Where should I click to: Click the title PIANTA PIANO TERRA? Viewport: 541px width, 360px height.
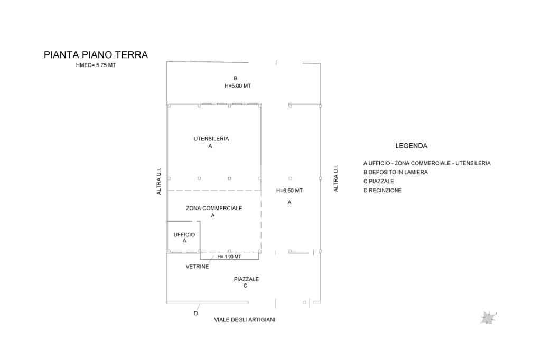[x=96, y=55]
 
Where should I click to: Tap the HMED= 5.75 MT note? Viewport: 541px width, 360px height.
[x=96, y=65]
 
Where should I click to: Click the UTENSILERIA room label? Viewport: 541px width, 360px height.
[x=211, y=139]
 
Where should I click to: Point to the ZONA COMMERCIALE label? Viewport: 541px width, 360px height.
[x=214, y=208]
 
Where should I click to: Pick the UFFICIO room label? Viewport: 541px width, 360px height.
[x=184, y=234]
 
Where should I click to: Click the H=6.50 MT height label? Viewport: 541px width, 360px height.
[x=290, y=191]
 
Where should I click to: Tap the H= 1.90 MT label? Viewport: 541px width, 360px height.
[x=229, y=257]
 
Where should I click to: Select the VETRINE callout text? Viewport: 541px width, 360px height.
[x=197, y=267]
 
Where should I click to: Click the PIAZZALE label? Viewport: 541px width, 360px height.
[x=246, y=279]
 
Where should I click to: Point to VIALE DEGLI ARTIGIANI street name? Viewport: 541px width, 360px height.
[x=245, y=320]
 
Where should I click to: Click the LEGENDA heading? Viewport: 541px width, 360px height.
[x=412, y=146]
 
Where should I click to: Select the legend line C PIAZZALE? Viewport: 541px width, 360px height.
[x=379, y=181]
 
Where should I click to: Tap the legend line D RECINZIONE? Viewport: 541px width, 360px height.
[x=383, y=190]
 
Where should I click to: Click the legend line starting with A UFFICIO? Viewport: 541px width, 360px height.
[x=427, y=163]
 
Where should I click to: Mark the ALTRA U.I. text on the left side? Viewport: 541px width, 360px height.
[x=159, y=182]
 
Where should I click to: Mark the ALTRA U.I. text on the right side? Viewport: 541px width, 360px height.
[x=336, y=178]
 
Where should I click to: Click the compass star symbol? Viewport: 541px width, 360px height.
[x=488, y=317]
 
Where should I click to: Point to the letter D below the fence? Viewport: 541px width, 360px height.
[x=196, y=313]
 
